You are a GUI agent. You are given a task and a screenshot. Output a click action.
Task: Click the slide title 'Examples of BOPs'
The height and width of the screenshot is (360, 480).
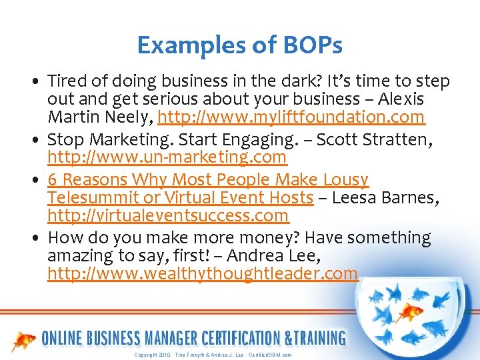click(239, 45)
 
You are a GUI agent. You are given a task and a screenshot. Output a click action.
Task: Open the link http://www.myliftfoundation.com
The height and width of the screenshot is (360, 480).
click(291, 117)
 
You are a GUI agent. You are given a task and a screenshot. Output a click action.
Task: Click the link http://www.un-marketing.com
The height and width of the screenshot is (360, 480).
click(167, 157)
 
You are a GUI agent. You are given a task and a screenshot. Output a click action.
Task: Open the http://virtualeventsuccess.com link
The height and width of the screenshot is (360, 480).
click(168, 216)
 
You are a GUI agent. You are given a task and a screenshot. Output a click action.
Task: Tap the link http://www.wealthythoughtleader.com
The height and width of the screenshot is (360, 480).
click(203, 274)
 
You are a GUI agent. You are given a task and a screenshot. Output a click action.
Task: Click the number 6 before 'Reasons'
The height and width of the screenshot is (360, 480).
click(52, 180)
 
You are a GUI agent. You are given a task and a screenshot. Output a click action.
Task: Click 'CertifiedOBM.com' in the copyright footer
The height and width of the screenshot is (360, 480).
click(270, 355)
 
